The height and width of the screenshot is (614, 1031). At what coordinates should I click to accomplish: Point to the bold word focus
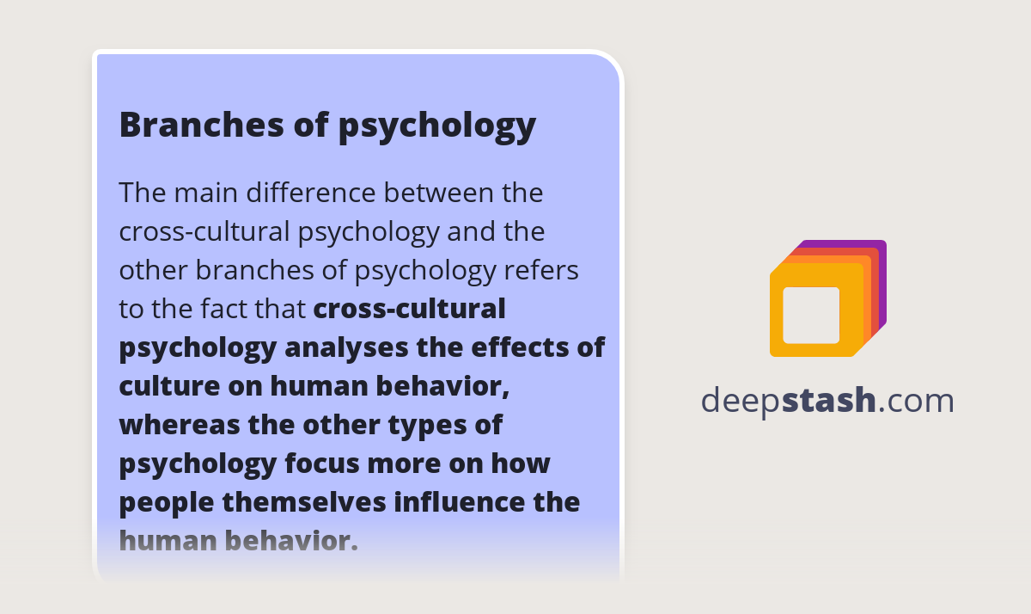coord(321,464)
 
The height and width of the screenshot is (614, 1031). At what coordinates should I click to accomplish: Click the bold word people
coord(166,502)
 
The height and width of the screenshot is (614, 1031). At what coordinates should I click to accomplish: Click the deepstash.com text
coord(827,401)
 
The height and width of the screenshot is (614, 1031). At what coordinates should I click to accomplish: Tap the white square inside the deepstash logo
coord(811,315)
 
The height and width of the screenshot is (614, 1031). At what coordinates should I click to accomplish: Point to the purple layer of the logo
coord(882,258)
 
